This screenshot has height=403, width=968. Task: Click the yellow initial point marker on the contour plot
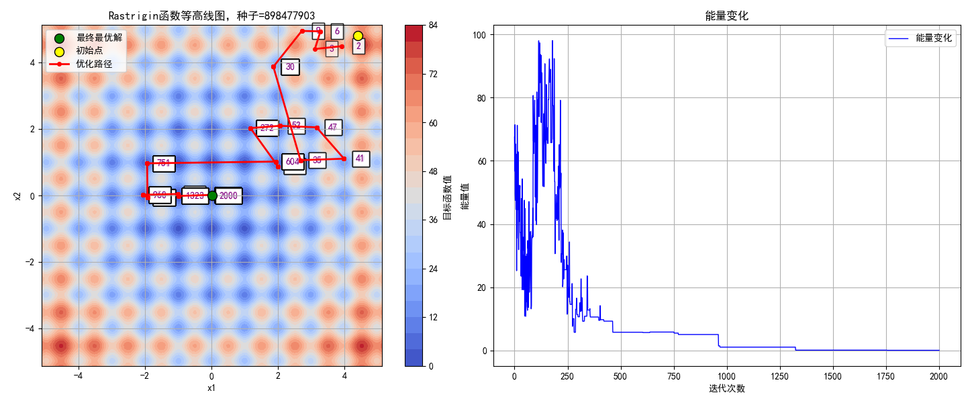[x=358, y=36]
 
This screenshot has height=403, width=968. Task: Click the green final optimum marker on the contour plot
[x=212, y=195]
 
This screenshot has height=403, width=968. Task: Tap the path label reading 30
[x=290, y=66]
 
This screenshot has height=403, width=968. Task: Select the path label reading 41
[x=360, y=159]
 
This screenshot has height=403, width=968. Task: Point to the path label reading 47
[x=333, y=127]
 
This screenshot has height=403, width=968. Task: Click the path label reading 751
[x=164, y=163]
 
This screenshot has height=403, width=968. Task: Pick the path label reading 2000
[x=228, y=195]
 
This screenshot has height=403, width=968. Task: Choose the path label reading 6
[x=337, y=31]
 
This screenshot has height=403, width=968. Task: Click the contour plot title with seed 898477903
[x=211, y=15]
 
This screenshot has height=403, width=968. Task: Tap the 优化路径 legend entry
[x=94, y=64]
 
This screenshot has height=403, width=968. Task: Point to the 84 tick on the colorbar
[x=433, y=26]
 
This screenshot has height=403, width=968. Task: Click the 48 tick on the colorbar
[x=433, y=171]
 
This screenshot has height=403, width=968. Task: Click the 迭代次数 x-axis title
[x=726, y=388]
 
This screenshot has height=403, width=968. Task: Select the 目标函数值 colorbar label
[x=448, y=196]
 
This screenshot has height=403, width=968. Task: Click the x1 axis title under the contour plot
[x=211, y=388]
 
